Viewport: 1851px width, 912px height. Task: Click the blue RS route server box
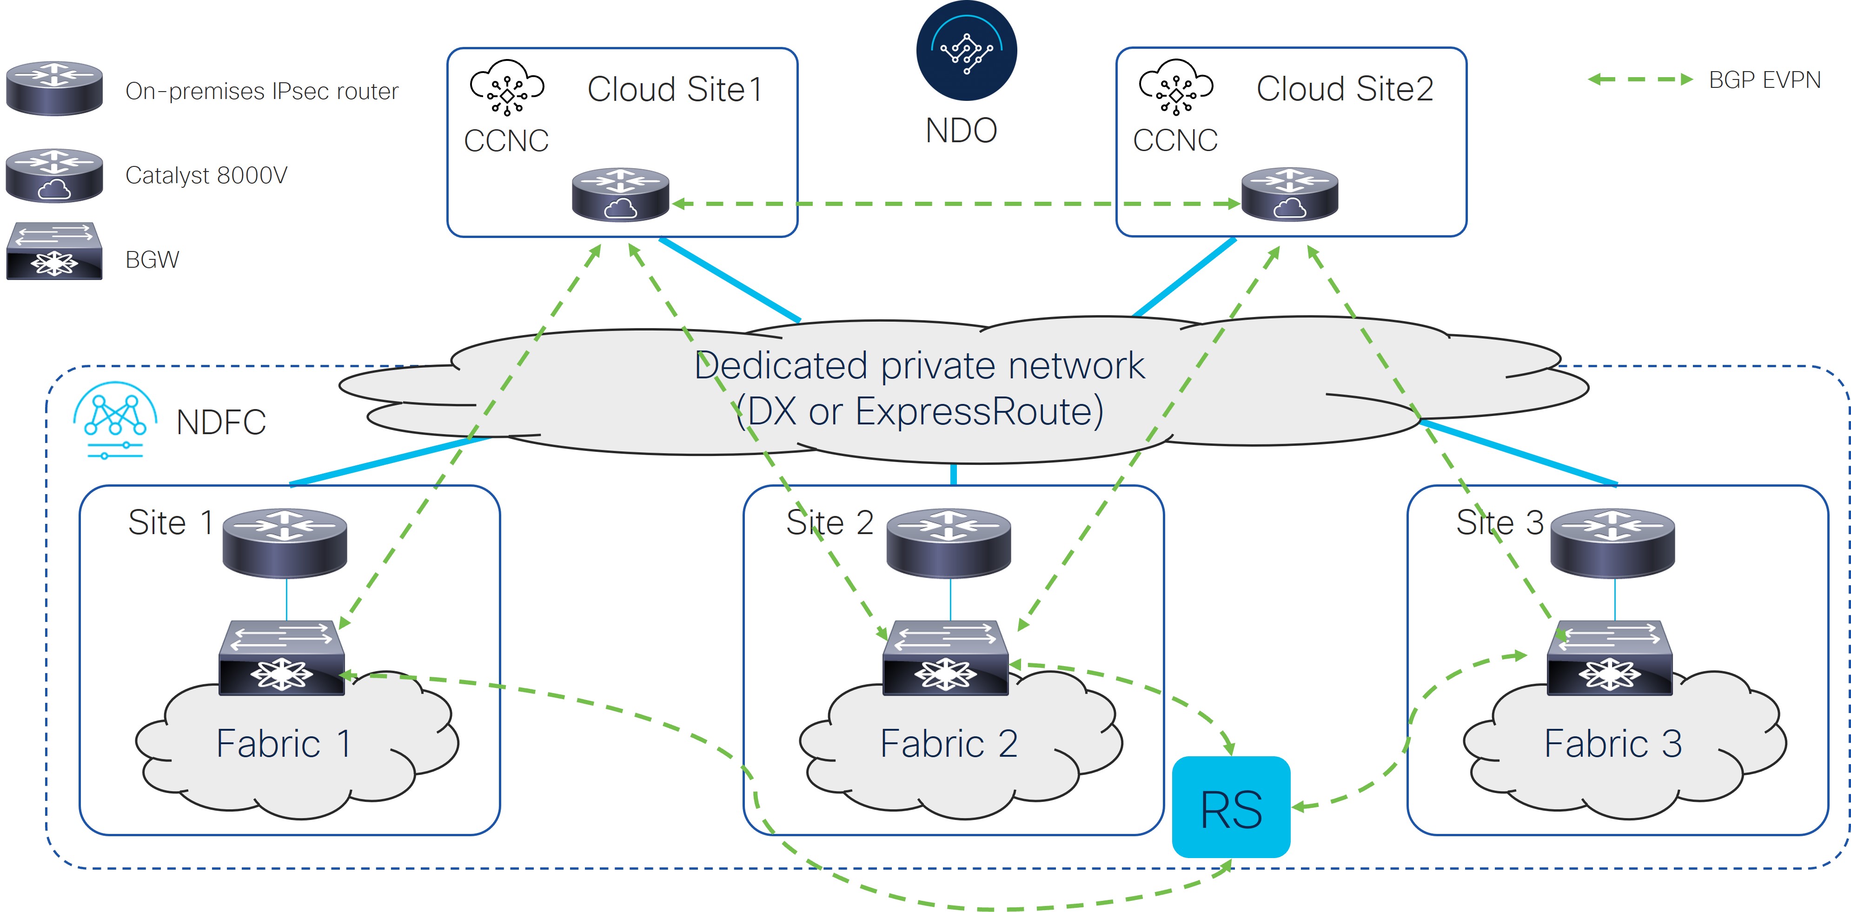tap(1231, 806)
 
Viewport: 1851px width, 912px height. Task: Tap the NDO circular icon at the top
tap(967, 50)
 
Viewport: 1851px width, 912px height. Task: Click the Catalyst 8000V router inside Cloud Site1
tap(621, 195)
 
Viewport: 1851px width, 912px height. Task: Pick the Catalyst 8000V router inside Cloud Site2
tap(1290, 194)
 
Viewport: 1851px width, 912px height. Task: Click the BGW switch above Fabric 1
tap(282, 658)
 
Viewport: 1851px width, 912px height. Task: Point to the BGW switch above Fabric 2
tap(946, 658)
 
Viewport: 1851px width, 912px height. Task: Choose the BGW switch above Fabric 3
tap(1610, 658)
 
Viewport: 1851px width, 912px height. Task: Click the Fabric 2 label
tap(949, 743)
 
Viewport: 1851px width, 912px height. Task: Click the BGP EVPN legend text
tap(1765, 79)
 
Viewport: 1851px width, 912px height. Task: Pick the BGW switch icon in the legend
tap(54, 251)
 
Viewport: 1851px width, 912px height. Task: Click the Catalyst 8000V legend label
tap(206, 175)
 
